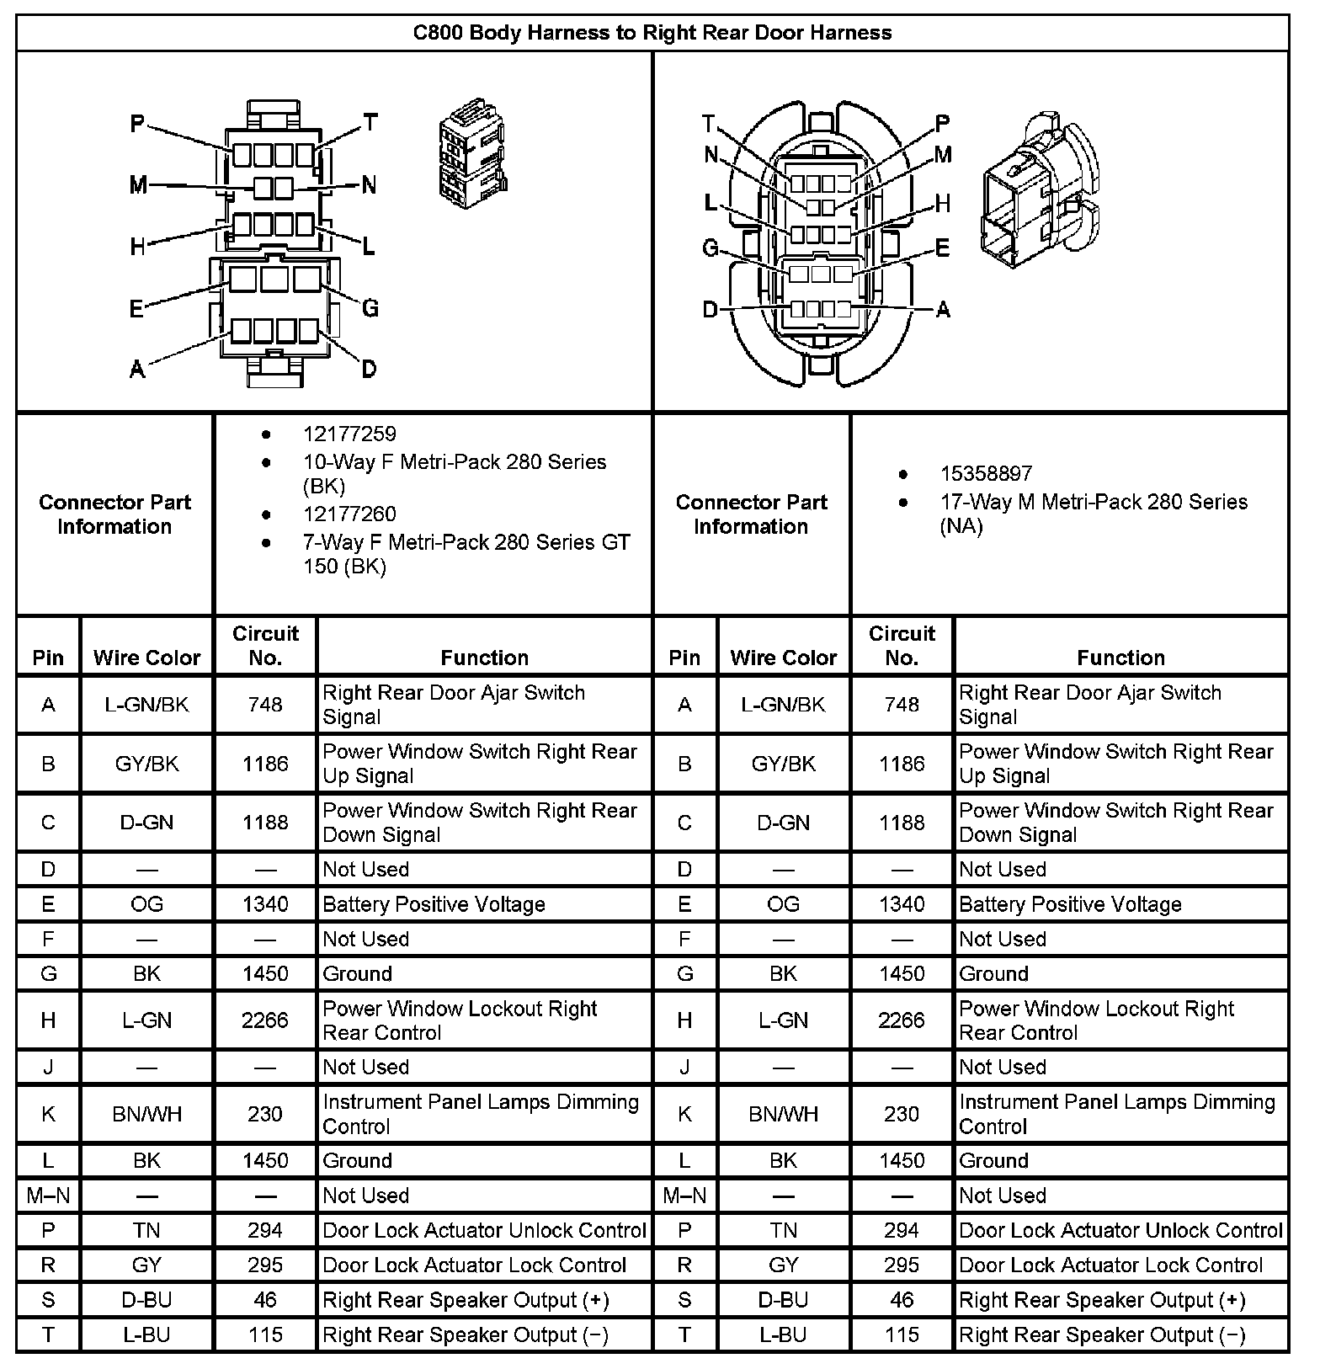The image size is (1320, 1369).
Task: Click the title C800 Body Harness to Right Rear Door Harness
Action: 652,33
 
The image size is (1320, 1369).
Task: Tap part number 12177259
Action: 349,434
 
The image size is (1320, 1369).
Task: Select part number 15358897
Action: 986,473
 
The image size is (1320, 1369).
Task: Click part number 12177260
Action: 349,514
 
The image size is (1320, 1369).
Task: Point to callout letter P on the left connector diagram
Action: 137,125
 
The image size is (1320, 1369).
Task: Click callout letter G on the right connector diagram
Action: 711,248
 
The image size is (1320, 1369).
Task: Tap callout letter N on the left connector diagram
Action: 369,185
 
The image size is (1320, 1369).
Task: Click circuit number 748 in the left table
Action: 265,705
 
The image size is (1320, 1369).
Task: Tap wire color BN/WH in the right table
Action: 783,1114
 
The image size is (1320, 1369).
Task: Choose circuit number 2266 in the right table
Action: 902,1020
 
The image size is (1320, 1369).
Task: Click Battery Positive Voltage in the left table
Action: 434,904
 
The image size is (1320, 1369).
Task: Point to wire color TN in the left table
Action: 146,1230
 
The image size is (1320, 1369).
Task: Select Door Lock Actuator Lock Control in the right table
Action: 1110,1265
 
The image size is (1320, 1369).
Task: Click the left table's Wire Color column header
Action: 146,658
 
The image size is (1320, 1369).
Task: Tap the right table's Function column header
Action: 1120,658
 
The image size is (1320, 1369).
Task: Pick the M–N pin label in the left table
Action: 48,1195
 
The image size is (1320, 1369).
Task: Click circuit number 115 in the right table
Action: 902,1334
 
